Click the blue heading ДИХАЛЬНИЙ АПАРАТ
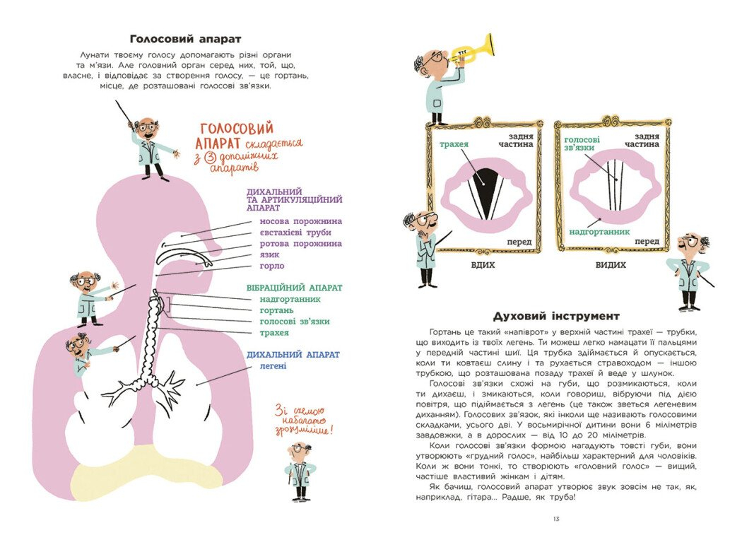(293, 354)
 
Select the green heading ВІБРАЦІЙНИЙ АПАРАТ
(294, 288)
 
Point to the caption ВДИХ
(483, 264)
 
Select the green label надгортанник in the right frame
(599, 231)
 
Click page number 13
(556, 520)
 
